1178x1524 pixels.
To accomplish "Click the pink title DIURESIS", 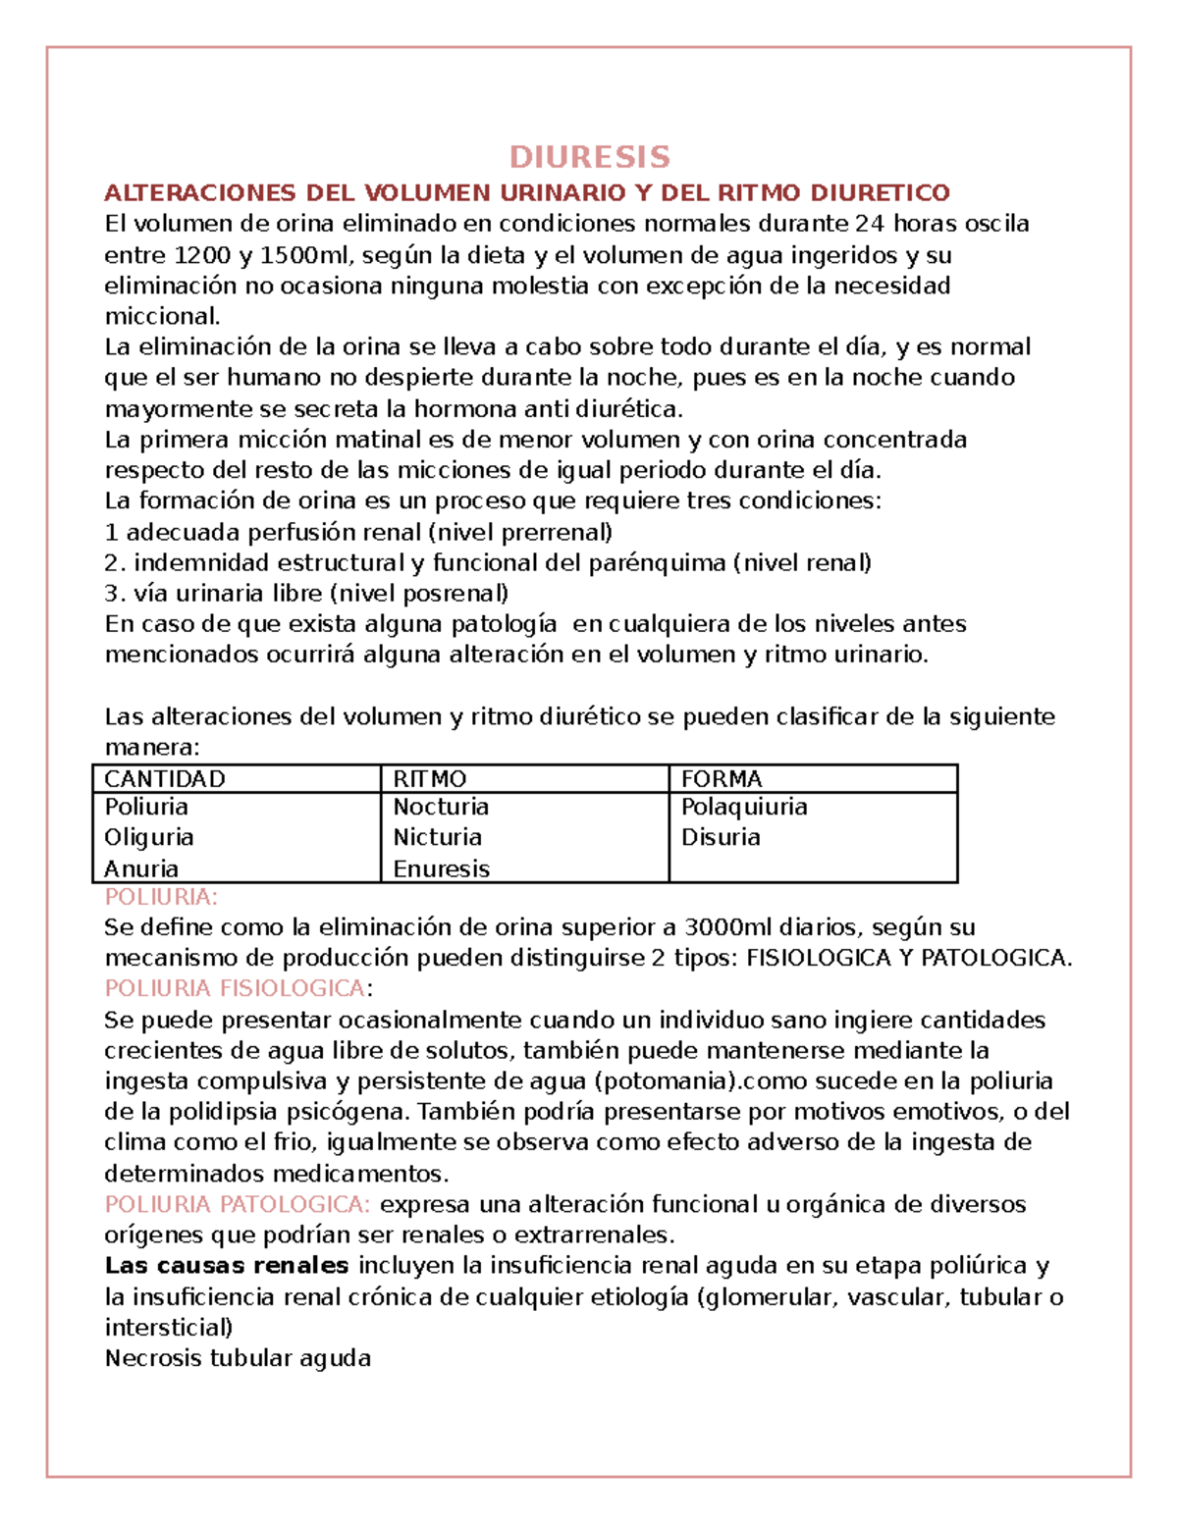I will [x=589, y=157].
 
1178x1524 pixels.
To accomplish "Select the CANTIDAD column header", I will [x=165, y=779].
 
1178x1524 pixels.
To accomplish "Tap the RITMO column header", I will [x=429, y=779].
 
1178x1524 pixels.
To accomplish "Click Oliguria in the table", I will [x=149, y=837].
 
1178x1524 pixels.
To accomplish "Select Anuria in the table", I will [x=141, y=868].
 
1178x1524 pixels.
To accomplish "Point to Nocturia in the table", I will [x=441, y=807].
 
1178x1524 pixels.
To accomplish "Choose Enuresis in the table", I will [x=441, y=868].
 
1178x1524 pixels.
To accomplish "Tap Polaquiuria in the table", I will [x=744, y=807].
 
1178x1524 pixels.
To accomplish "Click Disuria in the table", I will [x=721, y=837].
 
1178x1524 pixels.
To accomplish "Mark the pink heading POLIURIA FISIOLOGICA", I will [x=235, y=988].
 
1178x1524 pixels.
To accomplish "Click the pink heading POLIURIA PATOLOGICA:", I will [x=238, y=1204].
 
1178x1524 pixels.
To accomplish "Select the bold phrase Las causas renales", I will [x=227, y=1266].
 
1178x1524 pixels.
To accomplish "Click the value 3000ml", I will [x=728, y=927].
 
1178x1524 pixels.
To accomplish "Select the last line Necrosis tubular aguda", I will [x=238, y=1358].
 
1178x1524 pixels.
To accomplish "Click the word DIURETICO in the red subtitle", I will [x=892, y=192].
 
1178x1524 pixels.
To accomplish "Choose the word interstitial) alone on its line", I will [x=169, y=1328].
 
